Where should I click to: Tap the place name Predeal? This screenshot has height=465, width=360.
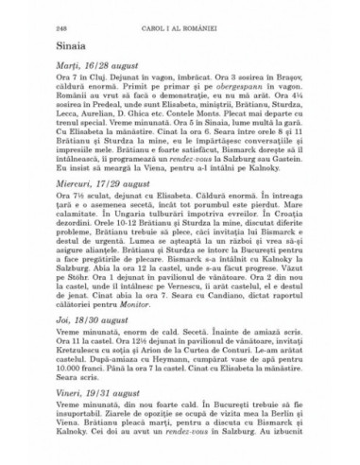[97, 123]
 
